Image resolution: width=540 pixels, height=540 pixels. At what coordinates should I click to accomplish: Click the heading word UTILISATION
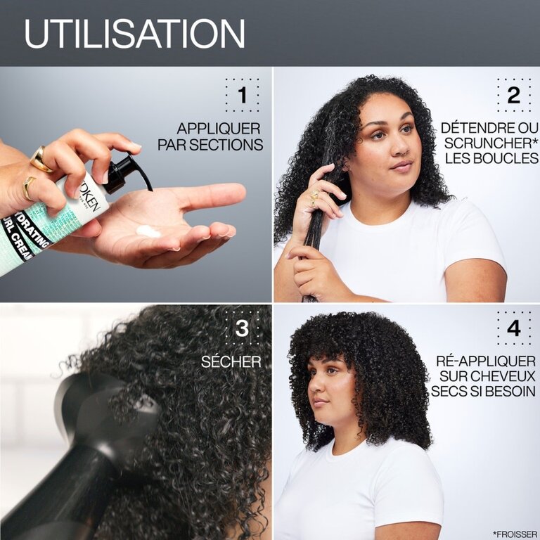coord(134,34)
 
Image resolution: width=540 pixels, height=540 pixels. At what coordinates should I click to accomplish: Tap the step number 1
coord(243,95)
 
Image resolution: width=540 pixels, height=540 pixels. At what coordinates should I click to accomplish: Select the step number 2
coord(514,95)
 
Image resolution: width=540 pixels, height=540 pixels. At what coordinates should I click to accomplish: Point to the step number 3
coord(242,328)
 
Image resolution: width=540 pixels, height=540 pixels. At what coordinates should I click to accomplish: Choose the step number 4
coord(514,328)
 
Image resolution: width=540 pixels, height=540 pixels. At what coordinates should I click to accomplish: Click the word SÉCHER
coord(231,361)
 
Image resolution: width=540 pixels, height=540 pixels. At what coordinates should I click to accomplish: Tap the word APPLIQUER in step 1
coord(219,129)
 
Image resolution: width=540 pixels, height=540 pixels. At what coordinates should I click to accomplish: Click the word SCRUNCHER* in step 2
coord(491,143)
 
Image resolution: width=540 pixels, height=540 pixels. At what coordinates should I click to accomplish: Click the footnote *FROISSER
coord(515,534)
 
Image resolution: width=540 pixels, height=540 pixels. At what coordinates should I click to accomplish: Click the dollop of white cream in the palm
coord(148,231)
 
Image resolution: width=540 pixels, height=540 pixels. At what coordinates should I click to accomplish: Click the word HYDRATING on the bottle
coord(33,231)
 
